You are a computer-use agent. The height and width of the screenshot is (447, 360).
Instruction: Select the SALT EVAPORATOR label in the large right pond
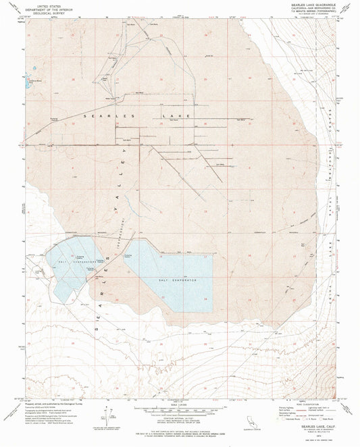[x=177, y=279]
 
